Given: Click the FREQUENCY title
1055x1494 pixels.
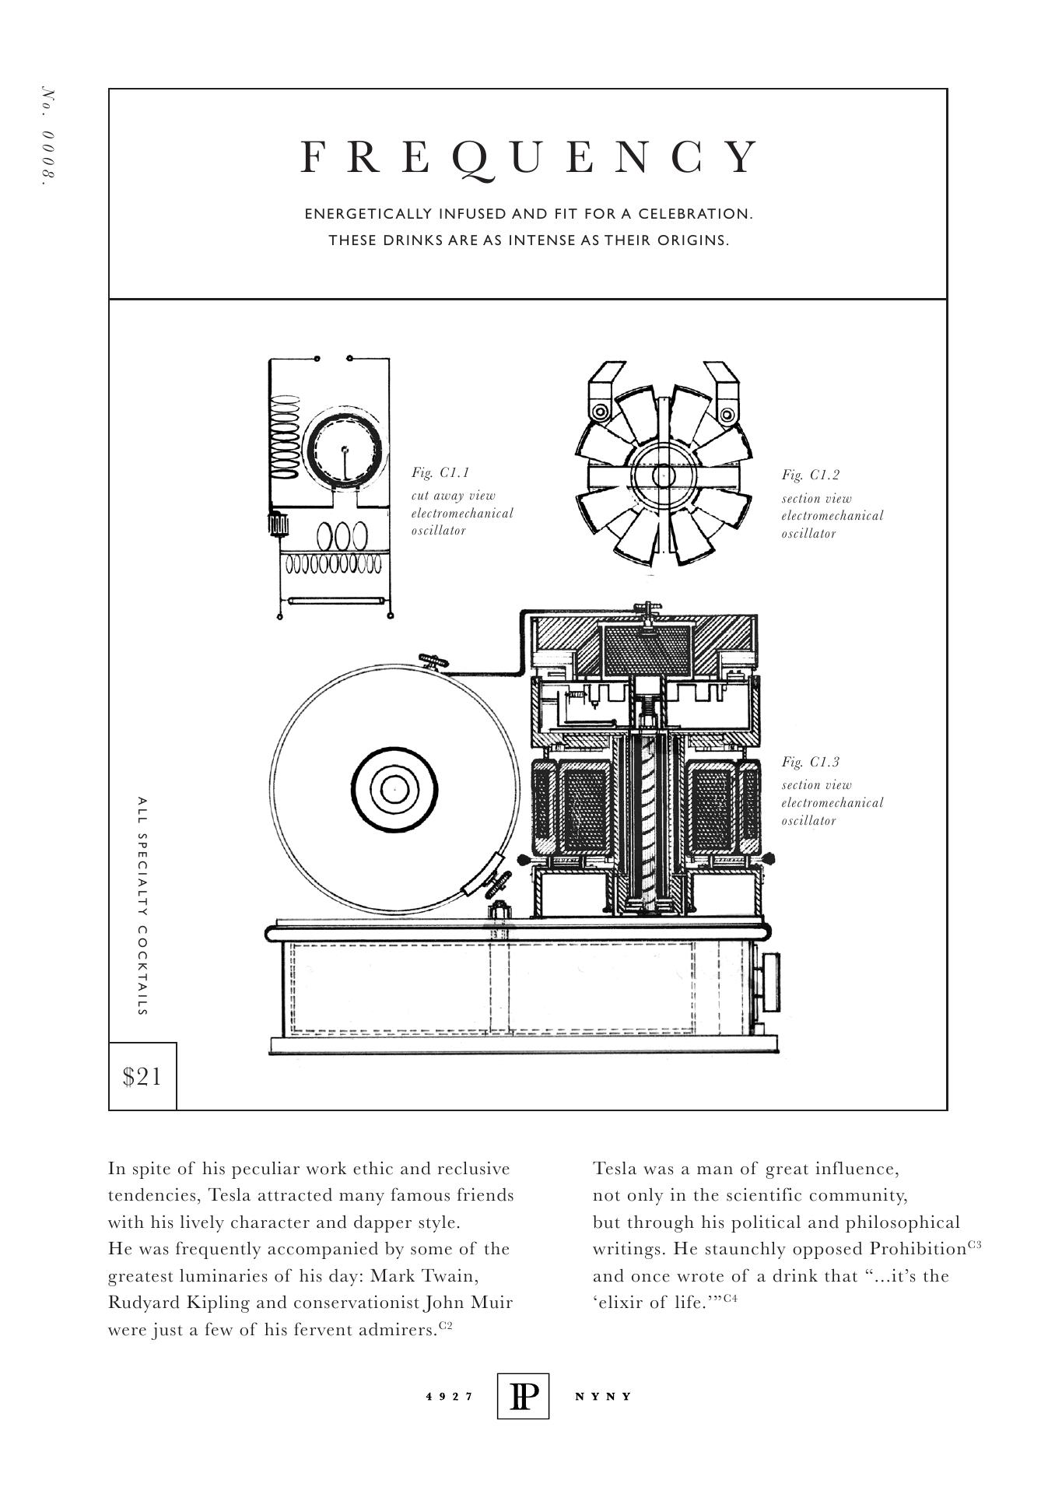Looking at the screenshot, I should point(528,157).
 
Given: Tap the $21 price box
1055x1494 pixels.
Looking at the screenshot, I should point(142,1077).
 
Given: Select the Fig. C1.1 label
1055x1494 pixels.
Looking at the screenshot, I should point(440,472).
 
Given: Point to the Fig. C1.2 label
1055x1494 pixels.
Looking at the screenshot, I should point(811,475).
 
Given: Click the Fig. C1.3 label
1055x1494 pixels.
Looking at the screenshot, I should point(811,762).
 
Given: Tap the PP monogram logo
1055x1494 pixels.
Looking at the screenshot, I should point(523,1396).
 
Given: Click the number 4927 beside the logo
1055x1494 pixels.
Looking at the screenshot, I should point(450,1396).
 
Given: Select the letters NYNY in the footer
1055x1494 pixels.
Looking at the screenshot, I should point(603,1396).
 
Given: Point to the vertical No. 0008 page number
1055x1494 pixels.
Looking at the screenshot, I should point(49,135).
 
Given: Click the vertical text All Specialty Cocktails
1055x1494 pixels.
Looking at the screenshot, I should point(142,906).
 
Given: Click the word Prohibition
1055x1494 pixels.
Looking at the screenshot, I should point(917,1249).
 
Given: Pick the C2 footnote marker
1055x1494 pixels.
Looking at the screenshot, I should point(446,1325).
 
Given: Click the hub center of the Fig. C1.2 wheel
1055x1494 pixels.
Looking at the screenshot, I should point(663,475).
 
